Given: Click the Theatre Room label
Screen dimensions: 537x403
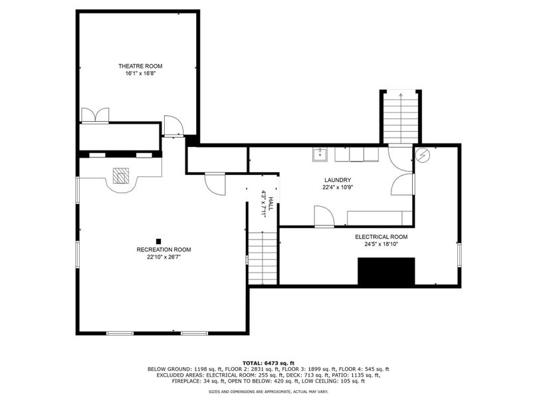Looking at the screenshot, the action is tap(140, 66).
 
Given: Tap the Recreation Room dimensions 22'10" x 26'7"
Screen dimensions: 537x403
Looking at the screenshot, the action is tap(163, 257).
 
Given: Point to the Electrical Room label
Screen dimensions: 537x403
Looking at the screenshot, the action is tap(381, 237).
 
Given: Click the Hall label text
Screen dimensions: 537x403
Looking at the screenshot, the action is tap(271, 203).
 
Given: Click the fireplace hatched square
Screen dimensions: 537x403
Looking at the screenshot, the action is tap(121, 176).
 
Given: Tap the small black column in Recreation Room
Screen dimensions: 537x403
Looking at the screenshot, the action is tap(158, 241).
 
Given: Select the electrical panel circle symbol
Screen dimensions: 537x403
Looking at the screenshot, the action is tap(422, 155).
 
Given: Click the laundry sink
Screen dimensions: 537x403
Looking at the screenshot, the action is tap(320, 154).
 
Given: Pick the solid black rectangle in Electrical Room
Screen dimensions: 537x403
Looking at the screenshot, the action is tap(386, 271).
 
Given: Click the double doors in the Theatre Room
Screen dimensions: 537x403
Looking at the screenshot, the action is tap(95, 115).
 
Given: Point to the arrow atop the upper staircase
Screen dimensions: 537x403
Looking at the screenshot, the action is tap(401, 94).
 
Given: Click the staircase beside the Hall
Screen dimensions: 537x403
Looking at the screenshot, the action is tap(263, 259).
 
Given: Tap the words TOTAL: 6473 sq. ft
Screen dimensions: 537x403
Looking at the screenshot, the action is tap(268, 363).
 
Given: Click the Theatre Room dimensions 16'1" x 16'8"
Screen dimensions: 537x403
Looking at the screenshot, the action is tap(140, 73).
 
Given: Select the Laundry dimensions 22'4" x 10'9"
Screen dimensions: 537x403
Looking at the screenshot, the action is tap(338, 188).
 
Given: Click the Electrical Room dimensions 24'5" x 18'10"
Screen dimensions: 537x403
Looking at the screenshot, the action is tap(381, 244).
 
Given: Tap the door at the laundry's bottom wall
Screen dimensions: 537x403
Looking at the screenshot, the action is tap(324, 217).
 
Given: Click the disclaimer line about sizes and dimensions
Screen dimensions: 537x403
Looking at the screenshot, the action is tap(268, 391).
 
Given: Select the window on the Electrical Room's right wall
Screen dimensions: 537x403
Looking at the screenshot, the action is tap(459, 254).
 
